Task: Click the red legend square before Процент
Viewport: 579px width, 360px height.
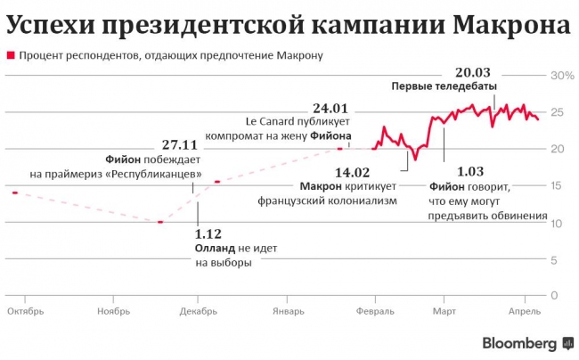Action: (11, 55)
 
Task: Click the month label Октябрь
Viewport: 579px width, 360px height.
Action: (24, 312)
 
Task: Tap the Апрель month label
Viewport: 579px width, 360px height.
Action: (524, 312)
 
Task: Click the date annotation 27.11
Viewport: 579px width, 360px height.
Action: (180, 143)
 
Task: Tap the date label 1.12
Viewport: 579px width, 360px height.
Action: (208, 234)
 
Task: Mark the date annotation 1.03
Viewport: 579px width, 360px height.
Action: (470, 171)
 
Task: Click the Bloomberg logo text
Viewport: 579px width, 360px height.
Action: (520, 343)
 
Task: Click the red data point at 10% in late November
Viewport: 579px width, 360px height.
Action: (159, 222)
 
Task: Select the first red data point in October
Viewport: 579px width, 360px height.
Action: (15, 192)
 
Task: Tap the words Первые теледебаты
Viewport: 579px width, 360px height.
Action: (437, 86)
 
